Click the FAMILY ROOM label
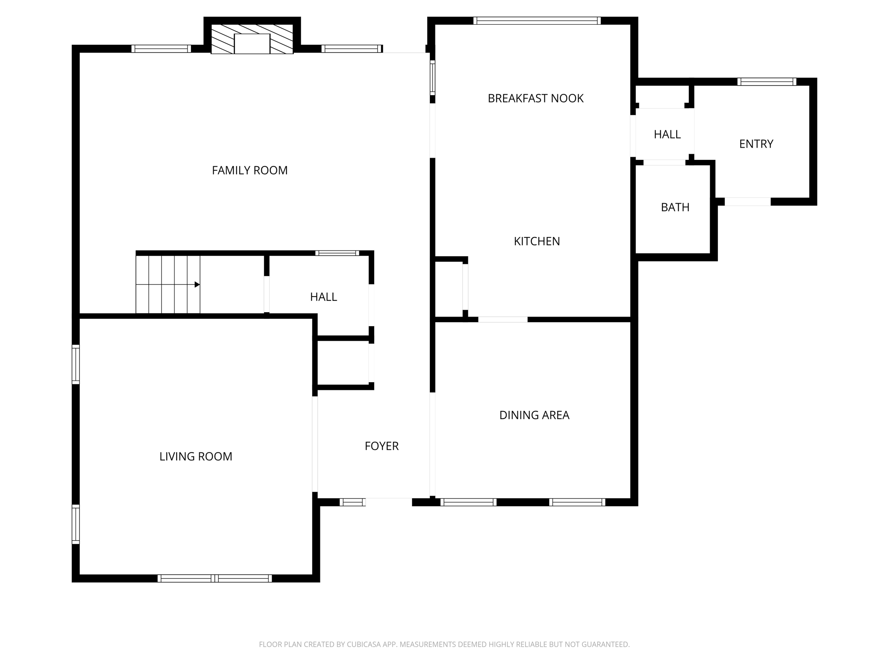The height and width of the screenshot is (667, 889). [250, 170]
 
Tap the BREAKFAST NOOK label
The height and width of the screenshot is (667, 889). [535, 99]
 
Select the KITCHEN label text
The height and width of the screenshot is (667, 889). [537, 241]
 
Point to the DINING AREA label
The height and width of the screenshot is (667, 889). [534, 415]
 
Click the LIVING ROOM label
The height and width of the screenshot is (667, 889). [196, 456]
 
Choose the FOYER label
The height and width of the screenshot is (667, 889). [382, 446]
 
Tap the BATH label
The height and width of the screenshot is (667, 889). [675, 208]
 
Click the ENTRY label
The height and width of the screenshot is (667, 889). [756, 144]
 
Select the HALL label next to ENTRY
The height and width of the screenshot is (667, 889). [667, 135]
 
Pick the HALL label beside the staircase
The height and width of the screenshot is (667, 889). [323, 297]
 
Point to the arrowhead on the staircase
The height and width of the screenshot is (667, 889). [197, 284]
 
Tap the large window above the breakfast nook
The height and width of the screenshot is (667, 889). [537, 20]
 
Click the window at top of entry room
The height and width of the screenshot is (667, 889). [767, 82]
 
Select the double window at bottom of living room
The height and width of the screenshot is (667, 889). [214, 578]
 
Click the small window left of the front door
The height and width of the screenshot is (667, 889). [352, 502]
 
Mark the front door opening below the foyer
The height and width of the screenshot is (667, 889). [389, 502]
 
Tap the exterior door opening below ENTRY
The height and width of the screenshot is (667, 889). [747, 201]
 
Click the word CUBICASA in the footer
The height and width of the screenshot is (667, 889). [363, 644]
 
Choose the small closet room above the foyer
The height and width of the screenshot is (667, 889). [343, 363]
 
